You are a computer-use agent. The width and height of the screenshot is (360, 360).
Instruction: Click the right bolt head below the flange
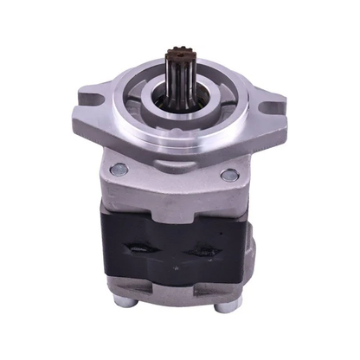[x=228, y=176]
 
